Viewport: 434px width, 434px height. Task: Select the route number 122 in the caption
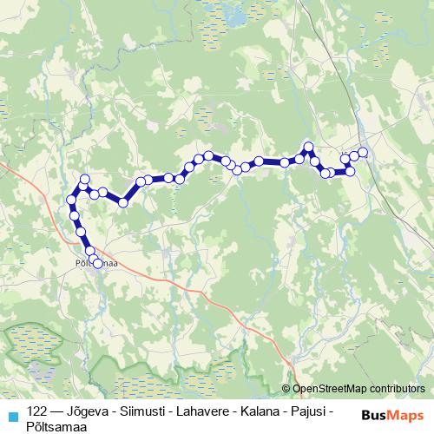pyautogui.click(x=36, y=410)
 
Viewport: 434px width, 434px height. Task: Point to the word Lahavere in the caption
pyautogui.click(x=208, y=410)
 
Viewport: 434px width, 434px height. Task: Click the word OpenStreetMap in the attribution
pyautogui.click(x=335, y=389)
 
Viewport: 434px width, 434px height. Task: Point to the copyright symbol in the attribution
pyautogui.click(x=286, y=389)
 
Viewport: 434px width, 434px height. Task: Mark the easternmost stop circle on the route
pyautogui.click(x=363, y=153)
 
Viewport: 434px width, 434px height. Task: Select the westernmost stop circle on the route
pyautogui.click(x=71, y=201)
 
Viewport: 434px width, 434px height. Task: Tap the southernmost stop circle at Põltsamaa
pyautogui.click(x=97, y=263)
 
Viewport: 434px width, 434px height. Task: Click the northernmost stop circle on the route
pyautogui.click(x=308, y=147)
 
